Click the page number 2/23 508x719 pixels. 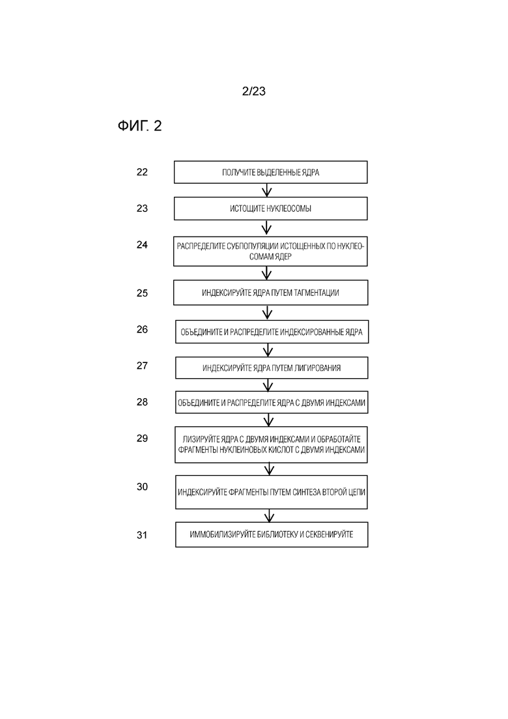[254, 91]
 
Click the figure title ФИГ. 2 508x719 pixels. [140, 126]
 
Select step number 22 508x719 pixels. [142, 172]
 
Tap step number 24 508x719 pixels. [142, 245]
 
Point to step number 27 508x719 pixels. [142, 366]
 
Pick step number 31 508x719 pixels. [142, 535]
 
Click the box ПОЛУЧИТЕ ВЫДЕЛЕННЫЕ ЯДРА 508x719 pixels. [271, 172]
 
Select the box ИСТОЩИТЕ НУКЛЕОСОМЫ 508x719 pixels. [271, 209]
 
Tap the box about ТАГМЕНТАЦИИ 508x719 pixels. [271, 293]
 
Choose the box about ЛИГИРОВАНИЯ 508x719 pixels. [272, 368]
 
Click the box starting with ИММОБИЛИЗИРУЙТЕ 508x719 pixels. [272, 535]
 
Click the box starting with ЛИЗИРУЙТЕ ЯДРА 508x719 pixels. [271, 445]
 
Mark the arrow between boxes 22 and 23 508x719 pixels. [266, 190]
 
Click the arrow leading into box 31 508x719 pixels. [270, 516]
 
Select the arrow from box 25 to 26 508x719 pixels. [268, 313]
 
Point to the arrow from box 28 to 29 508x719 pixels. [269, 420]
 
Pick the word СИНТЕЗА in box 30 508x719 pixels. [309, 492]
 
